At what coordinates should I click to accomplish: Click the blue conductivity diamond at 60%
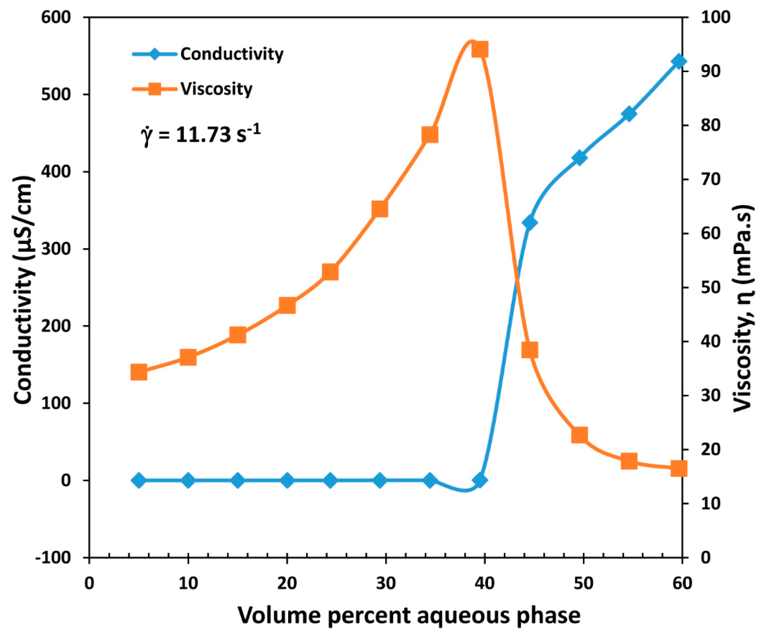click(x=679, y=61)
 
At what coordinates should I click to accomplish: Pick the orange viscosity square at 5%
click(x=139, y=372)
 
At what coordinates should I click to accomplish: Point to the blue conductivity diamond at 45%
click(x=530, y=223)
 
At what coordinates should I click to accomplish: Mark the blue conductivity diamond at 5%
click(x=139, y=481)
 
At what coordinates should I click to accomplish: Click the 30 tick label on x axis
click(x=386, y=583)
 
